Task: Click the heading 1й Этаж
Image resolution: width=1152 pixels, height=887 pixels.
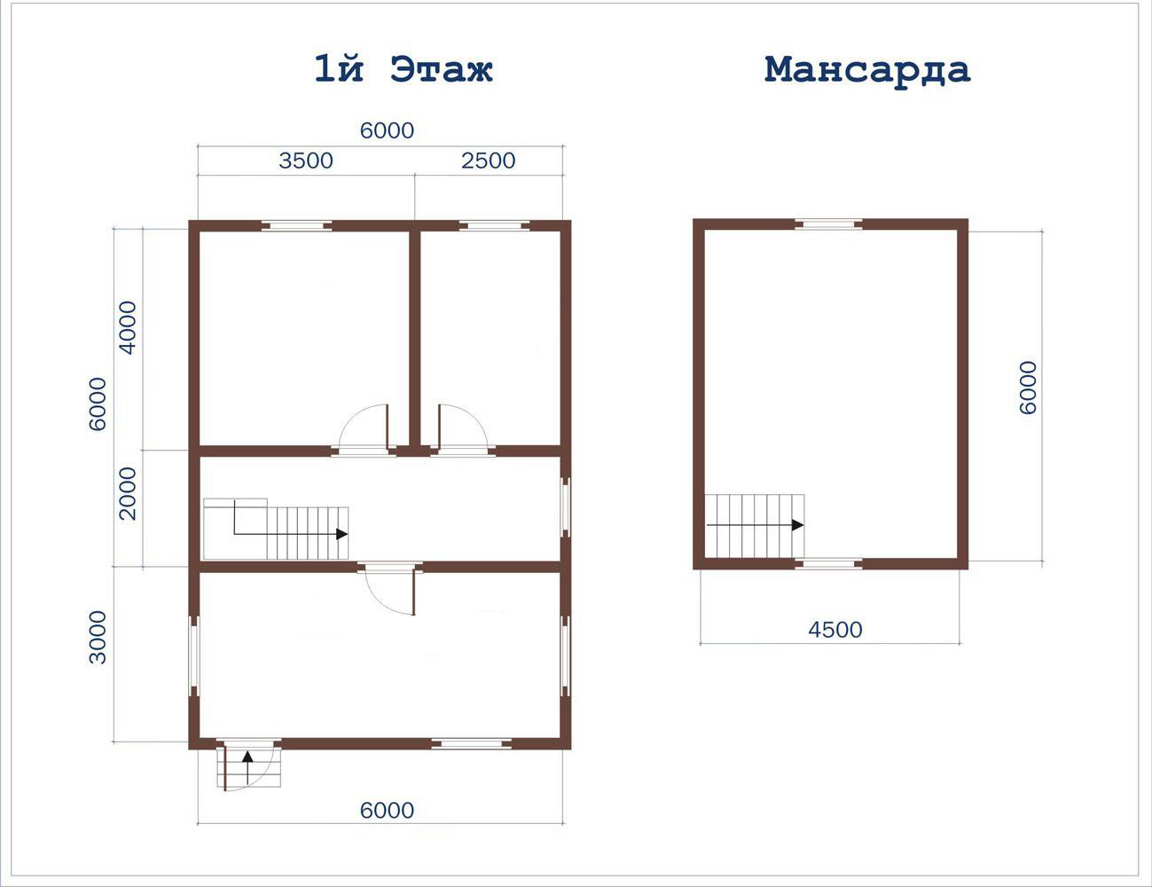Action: [404, 69]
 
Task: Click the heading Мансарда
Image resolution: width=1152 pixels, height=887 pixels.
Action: [867, 70]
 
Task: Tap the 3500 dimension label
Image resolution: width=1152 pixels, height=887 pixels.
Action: [306, 161]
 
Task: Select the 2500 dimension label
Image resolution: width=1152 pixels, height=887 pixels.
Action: [489, 161]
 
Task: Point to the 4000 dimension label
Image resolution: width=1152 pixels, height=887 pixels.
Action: [128, 327]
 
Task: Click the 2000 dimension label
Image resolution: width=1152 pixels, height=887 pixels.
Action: [128, 493]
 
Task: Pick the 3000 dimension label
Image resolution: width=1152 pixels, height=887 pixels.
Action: [98, 637]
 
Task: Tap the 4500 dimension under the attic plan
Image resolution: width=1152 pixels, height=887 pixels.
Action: [835, 630]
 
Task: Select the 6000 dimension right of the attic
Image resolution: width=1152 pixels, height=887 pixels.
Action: [1028, 388]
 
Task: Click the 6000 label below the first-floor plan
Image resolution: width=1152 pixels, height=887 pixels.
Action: [387, 811]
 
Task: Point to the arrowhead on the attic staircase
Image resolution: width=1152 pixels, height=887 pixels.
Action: [798, 525]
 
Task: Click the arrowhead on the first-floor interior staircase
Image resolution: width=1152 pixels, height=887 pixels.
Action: [342, 534]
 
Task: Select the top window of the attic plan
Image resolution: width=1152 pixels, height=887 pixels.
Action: [828, 224]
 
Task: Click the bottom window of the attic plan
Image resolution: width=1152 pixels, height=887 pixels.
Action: [828, 564]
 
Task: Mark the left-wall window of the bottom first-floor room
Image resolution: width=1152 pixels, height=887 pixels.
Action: [194, 655]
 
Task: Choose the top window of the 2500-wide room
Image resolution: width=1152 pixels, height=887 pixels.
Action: [494, 226]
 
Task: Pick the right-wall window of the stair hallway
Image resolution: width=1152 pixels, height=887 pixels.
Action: [566, 507]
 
